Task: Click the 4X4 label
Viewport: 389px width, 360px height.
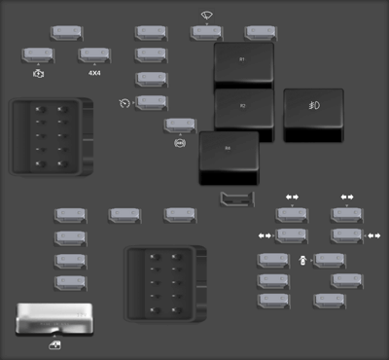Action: point(94,73)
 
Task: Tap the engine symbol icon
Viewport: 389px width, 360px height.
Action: point(38,73)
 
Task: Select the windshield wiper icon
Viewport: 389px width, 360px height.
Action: point(206,16)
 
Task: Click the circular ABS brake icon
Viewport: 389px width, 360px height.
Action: point(179,143)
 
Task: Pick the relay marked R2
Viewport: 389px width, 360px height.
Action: point(243,109)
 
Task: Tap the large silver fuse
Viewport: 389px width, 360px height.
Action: point(54,317)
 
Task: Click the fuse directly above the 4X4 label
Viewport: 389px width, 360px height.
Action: point(94,54)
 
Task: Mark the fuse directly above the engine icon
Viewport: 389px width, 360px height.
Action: point(38,54)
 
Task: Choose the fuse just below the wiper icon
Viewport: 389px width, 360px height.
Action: point(206,32)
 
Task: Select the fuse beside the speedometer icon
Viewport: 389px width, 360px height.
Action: point(152,101)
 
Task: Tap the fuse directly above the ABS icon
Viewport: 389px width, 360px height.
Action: point(179,125)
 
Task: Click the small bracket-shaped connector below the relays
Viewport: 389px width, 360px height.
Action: point(234,200)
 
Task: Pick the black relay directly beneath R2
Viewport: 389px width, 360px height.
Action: point(230,157)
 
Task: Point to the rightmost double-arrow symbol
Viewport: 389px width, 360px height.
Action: point(373,235)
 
